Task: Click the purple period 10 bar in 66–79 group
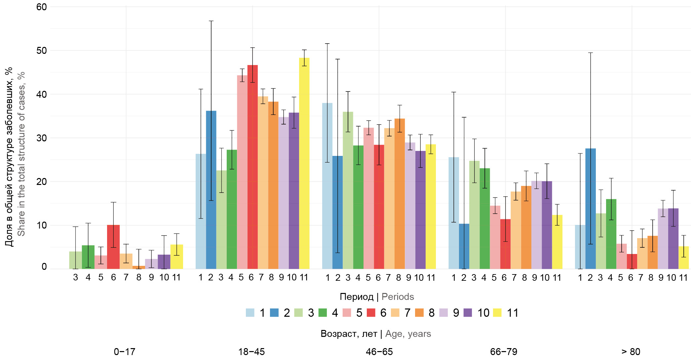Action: pos(547,225)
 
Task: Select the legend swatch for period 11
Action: pos(497,312)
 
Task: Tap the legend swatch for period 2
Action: pos(274,312)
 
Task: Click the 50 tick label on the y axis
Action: pos(42,51)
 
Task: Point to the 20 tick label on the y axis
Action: pos(42,182)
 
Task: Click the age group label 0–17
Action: pos(124,352)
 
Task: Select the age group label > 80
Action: pos(631,352)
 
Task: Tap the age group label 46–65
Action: pos(379,352)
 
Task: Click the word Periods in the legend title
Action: pos(398,297)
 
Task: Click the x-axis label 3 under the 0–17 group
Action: pos(76,277)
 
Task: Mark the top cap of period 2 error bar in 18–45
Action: pos(211,21)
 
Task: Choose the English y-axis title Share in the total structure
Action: pos(21,154)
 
